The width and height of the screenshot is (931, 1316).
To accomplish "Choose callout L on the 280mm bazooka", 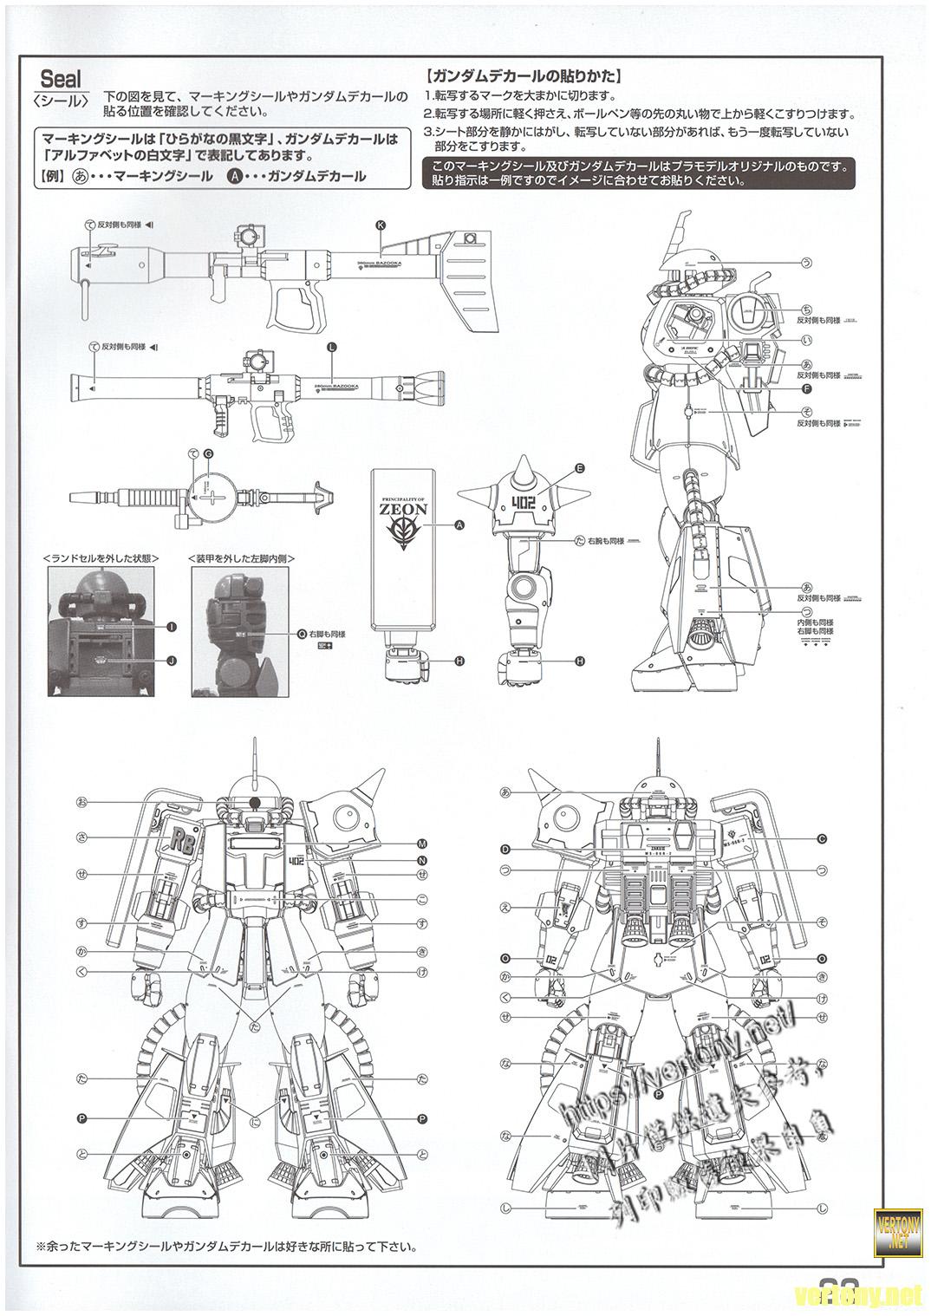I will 331,346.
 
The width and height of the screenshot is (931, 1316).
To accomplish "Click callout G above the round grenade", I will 207,453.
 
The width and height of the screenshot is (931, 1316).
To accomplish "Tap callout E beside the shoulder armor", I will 579,468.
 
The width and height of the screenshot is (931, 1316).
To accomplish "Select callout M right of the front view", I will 422,843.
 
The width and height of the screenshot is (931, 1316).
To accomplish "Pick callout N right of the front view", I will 422,860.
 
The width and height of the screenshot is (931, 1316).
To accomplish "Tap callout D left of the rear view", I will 505,848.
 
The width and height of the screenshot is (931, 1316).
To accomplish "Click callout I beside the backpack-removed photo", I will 171,626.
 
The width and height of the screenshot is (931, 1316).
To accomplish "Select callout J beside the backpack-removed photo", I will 171,661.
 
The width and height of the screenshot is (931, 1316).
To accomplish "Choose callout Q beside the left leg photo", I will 301,634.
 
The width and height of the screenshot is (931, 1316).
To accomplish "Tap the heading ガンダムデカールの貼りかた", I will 522,76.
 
